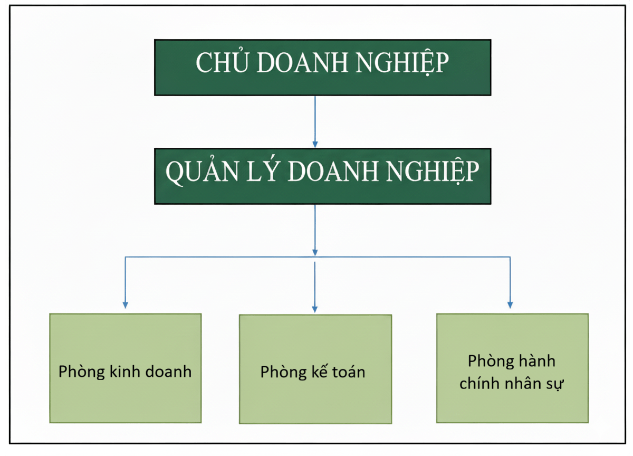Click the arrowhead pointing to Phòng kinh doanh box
coord(125,304)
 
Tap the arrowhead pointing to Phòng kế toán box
coord(315,308)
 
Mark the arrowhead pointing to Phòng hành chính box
coord(510,304)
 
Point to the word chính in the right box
coord(480,384)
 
